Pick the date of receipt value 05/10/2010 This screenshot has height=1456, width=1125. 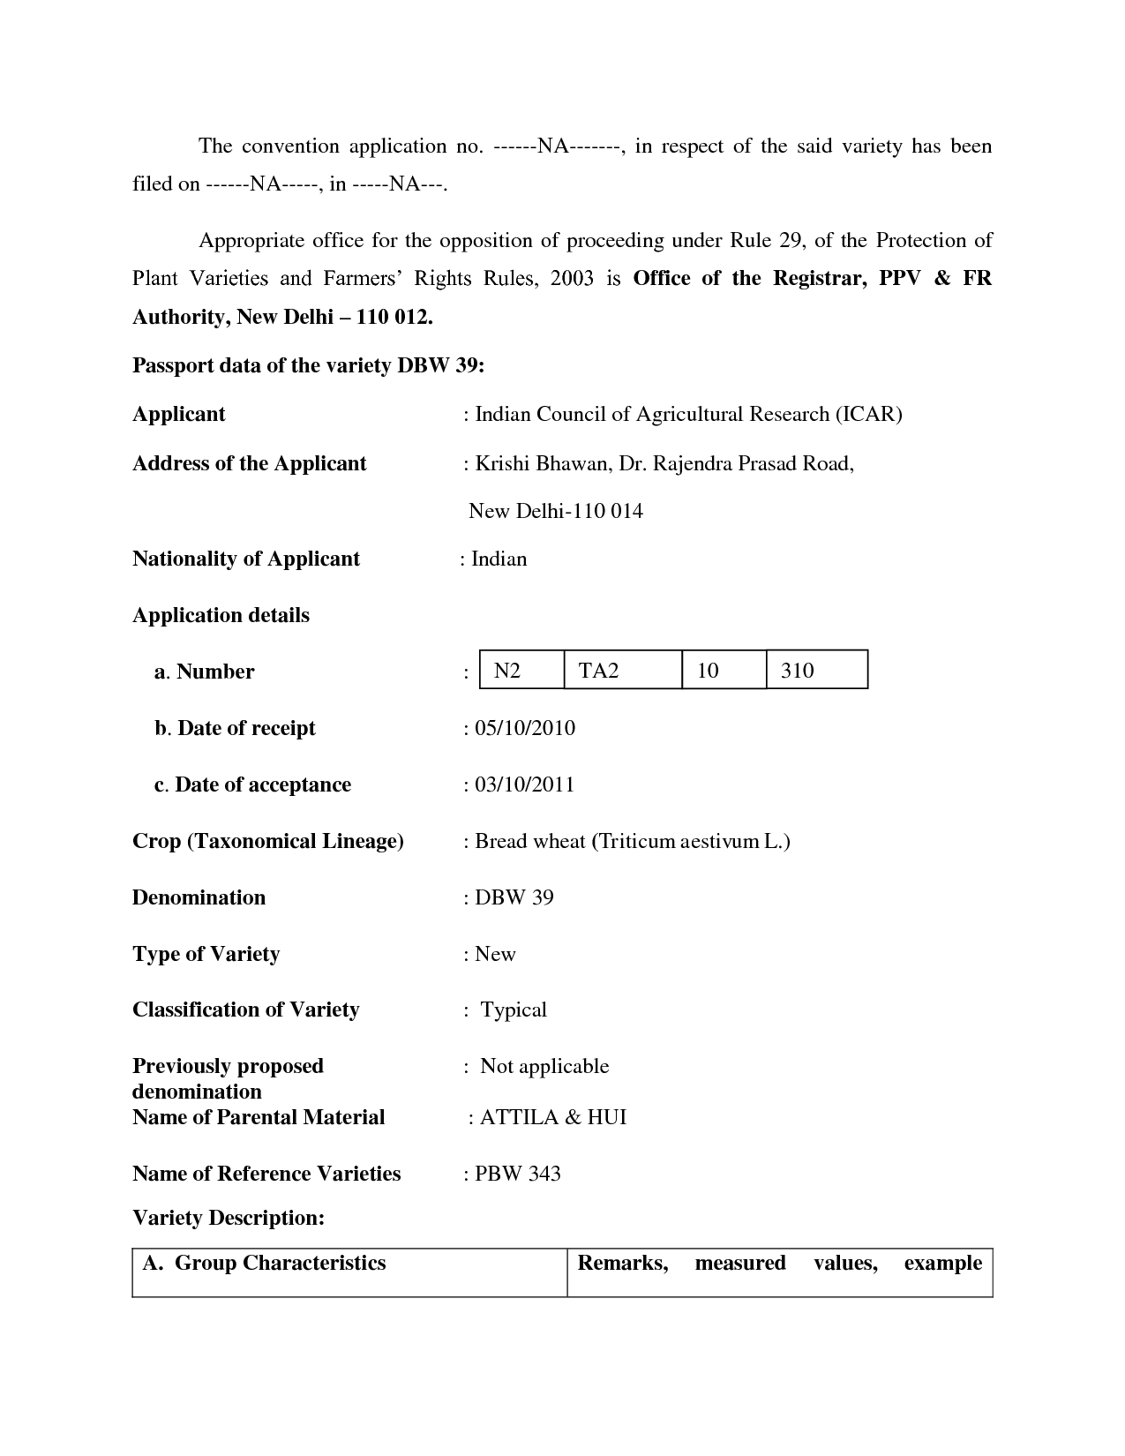pos(525,728)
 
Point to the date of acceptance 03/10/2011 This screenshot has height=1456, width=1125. pos(525,784)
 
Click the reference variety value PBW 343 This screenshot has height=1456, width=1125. pos(518,1174)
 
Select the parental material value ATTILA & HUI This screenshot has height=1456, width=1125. pos(553,1117)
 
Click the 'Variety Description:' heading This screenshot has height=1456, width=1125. pos(229,1218)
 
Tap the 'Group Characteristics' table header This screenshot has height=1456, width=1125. pos(280,1263)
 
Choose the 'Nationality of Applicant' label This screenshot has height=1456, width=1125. pos(246,559)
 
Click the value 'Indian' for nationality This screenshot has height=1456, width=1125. pos(499,559)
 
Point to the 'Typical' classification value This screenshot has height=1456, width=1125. pos(514,1009)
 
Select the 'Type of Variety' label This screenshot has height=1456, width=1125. pos(206,954)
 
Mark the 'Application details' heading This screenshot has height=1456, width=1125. pos(221,615)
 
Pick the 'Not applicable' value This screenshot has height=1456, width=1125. pos(544,1066)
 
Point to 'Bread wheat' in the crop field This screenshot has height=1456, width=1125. pos(530,841)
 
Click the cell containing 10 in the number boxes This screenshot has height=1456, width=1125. pos(708,671)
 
